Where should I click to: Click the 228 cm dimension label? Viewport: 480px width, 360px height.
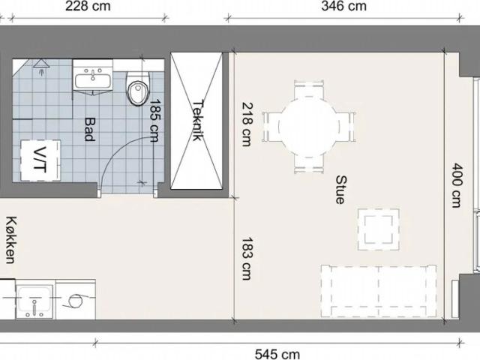(88, 6)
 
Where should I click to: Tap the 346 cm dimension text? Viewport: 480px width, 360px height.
(343, 6)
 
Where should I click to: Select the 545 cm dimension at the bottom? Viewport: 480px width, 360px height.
(277, 354)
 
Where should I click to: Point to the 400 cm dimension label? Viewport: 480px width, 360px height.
(457, 185)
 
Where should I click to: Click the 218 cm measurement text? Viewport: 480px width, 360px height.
(247, 124)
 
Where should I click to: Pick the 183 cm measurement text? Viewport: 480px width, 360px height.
(247, 258)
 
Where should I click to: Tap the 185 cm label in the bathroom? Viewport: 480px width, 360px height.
(154, 120)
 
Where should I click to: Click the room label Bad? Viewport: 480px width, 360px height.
(89, 129)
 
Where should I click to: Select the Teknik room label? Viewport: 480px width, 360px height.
(198, 120)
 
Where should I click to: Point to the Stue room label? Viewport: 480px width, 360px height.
(340, 190)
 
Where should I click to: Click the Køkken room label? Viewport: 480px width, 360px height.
(10, 240)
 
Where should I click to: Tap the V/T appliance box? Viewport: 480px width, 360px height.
(40, 160)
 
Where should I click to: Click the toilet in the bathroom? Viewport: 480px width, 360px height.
(138, 88)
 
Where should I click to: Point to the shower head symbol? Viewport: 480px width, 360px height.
(40, 67)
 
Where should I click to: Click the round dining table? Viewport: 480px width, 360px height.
(309, 127)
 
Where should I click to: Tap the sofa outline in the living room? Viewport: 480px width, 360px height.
(379, 291)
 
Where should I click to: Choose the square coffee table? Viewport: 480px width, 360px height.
(379, 229)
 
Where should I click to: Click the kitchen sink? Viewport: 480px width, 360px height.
(34, 301)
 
